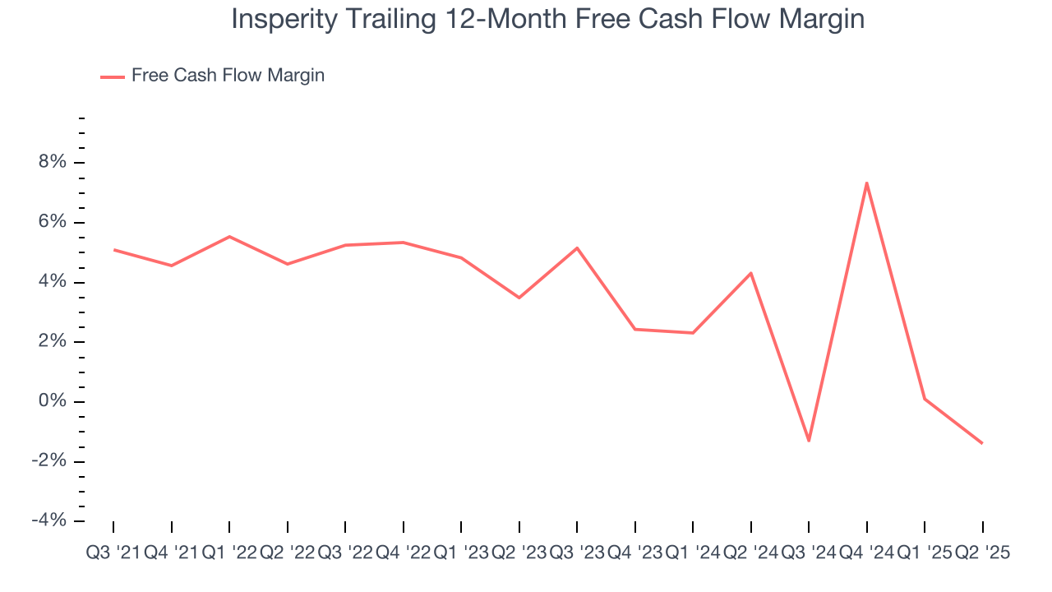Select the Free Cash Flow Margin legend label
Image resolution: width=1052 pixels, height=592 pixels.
pos(228,76)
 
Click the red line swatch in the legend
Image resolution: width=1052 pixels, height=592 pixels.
pos(113,76)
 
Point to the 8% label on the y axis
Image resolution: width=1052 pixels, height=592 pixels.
pos(51,163)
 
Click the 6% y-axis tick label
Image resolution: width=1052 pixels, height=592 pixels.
pos(51,223)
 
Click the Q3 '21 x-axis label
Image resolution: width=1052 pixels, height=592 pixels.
pos(113,553)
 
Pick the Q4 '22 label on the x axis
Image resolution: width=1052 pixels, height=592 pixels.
pos(403,553)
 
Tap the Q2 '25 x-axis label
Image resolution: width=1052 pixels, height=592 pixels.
pos(981,553)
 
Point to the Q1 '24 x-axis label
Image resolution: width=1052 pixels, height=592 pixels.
pos(692,553)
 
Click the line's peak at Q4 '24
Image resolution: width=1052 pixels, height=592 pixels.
pos(866,183)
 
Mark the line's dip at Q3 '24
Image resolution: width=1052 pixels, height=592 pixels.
pos(809,441)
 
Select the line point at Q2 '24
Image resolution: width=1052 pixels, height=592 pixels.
pos(750,273)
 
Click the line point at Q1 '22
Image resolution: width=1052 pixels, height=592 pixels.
pos(229,237)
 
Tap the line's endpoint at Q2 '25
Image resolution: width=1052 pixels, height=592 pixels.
pos(981,443)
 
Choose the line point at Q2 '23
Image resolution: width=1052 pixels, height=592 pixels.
pos(519,298)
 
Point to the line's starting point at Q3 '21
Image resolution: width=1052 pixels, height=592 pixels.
pos(113,249)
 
